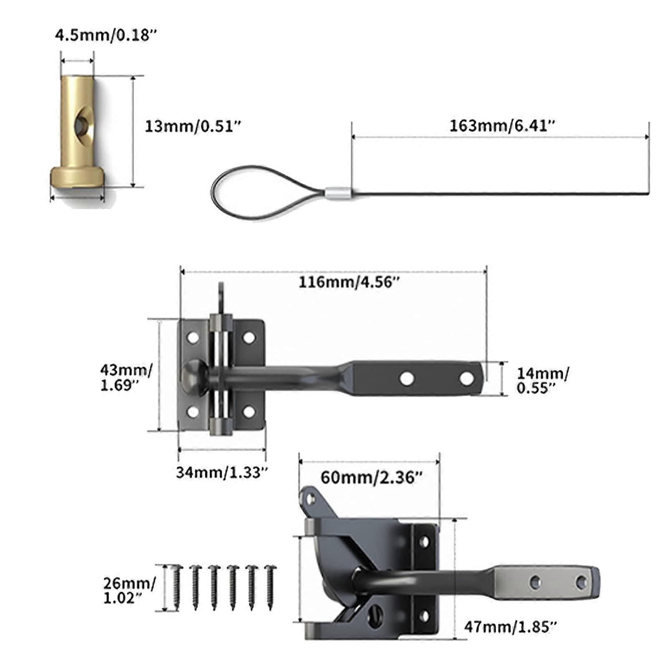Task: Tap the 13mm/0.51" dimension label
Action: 193,126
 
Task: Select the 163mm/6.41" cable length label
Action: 502,126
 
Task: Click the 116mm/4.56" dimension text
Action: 349,282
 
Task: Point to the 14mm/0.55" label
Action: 542,380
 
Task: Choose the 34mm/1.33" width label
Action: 222,472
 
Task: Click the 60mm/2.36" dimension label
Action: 372,477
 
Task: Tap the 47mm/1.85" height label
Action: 510,627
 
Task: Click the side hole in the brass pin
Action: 82,124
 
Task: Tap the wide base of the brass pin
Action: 77,177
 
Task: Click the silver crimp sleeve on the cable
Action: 338,193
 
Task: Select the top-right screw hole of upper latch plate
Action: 249,337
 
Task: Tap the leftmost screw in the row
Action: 176,587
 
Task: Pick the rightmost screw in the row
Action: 271,587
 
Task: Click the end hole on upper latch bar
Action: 466,379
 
